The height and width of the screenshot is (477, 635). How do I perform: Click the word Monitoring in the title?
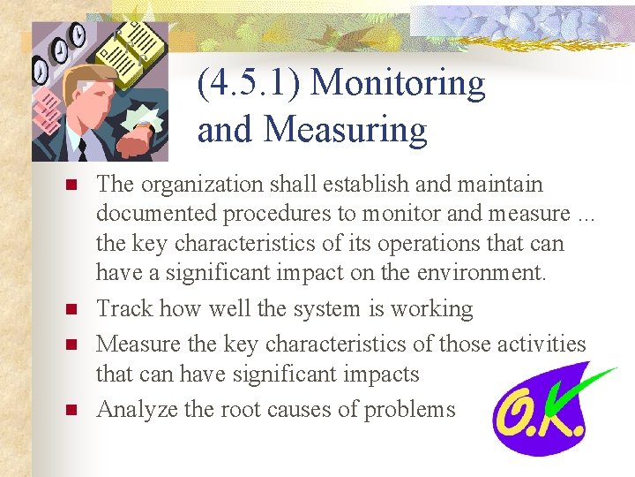pyautogui.click(x=399, y=83)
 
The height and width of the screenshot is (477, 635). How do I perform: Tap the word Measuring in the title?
pyautogui.click(x=345, y=130)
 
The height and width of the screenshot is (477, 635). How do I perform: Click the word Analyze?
pyautogui.click(x=132, y=409)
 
